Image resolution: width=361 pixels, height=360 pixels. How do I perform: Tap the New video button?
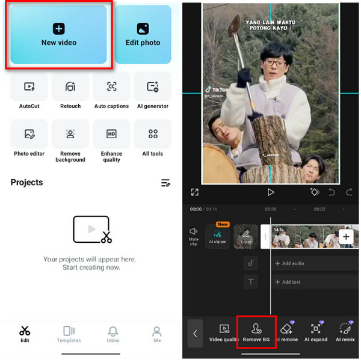(x=58, y=34)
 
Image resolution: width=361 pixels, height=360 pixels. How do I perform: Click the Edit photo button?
(x=143, y=34)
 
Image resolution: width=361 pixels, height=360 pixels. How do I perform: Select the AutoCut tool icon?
(x=29, y=87)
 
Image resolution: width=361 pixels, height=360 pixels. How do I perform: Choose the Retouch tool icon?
(x=70, y=87)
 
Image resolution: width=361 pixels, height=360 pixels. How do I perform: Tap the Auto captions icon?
(x=111, y=87)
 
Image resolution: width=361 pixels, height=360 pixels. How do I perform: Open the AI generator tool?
(x=153, y=87)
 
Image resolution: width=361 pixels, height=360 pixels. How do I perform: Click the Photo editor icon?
(x=29, y=134)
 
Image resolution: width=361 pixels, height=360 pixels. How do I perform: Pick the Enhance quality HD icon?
(x=111, y=134)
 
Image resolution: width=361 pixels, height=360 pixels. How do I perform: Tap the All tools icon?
(x=153, y=134)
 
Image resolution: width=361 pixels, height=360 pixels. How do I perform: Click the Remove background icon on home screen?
(x=70, y=134)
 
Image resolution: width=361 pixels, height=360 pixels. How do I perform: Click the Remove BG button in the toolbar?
(x=256, y=332)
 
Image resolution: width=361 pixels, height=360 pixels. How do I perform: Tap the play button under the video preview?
(x=271, y=192)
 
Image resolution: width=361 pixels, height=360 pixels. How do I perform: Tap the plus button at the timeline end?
(x=346, y=237)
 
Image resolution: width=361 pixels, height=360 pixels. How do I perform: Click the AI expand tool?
(x=315, y=332)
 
